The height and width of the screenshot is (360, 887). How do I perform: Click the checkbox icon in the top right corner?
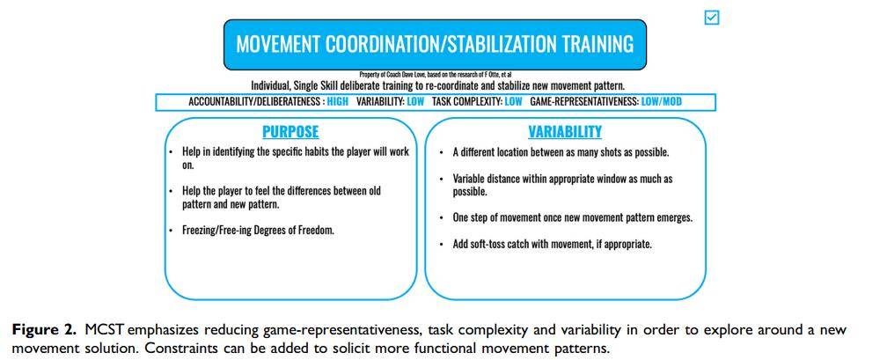coord(712,18)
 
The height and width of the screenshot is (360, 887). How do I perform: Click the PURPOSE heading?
coord(290,132)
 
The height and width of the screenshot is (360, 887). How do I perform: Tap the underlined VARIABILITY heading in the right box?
coord(565,132)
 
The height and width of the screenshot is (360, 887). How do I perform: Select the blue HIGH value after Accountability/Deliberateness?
coord(338,102)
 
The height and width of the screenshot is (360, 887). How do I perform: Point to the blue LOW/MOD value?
coord(662,102)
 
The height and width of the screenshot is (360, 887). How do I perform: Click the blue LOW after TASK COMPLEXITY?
coord(513,102)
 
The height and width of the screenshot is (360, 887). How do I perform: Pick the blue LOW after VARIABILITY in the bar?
coord(414,102)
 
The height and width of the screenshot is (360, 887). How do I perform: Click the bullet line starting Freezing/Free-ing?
coord(258,231)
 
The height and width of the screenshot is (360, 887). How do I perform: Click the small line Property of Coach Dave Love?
coord(436,74)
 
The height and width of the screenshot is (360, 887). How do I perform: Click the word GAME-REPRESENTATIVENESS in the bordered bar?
coord(583,102)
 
